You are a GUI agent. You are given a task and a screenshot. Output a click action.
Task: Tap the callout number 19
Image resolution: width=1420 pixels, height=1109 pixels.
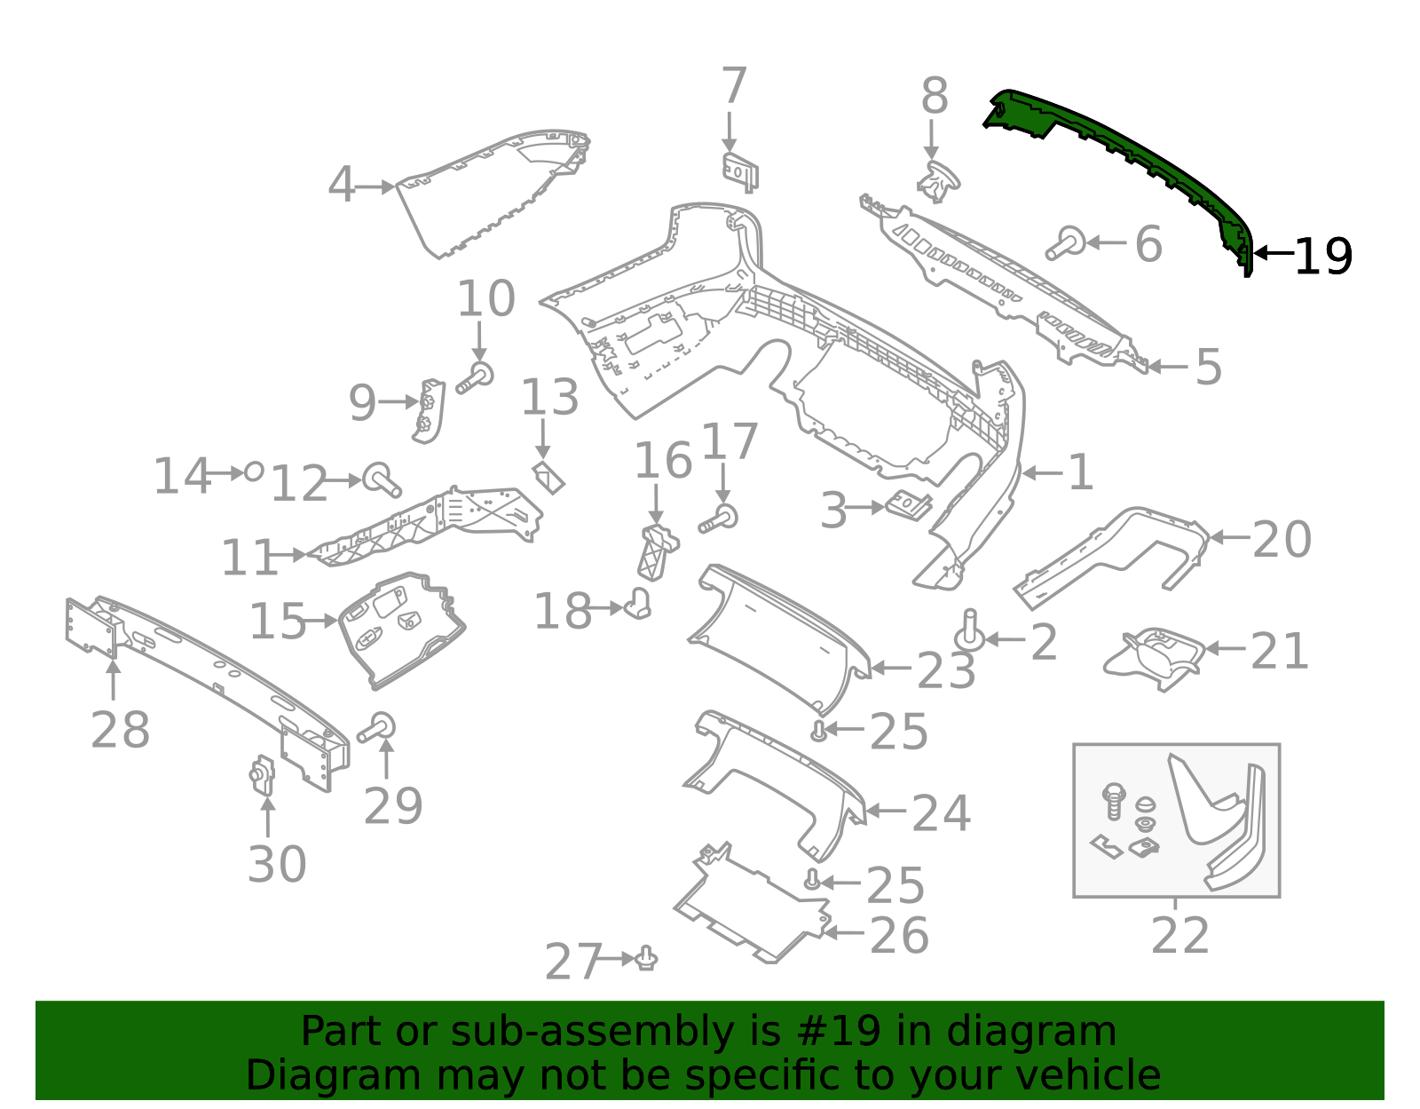(1322, 257)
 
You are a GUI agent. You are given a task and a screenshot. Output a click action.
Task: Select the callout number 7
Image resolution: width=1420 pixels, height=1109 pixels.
(733, 87)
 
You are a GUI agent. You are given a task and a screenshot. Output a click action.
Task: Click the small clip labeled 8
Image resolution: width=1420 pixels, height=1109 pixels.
(937, 181)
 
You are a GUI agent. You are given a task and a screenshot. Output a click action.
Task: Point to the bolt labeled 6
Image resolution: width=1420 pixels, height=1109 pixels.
(1065, 242)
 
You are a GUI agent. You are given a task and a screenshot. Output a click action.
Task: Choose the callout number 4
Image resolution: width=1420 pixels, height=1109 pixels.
(341, 186)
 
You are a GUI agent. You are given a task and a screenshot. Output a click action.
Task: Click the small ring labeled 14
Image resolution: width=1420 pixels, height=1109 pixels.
(254, 471)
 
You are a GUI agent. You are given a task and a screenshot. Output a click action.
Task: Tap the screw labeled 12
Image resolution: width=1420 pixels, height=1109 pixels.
(382, 479)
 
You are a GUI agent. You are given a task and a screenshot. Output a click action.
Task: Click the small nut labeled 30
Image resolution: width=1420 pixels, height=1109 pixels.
(263, 776)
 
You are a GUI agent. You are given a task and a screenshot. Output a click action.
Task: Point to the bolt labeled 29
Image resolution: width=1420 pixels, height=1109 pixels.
(377, 729)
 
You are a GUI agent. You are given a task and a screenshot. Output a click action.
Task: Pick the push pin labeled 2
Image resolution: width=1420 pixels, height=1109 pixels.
(969, 630)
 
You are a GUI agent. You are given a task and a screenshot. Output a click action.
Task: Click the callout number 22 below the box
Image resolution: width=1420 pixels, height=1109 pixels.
(1179, 936)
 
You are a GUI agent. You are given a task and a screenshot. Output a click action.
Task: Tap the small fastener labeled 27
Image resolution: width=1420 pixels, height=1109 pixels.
(647, 958)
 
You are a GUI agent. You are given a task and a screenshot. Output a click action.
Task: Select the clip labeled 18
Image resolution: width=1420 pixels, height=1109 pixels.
(639, 604)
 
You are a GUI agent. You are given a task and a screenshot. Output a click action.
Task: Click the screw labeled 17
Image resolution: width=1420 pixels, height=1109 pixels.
(720, 519)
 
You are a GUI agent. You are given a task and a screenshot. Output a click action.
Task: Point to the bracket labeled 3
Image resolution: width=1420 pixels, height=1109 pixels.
(909, 506)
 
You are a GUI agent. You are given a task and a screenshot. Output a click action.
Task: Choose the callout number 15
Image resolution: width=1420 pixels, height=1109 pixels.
(277, 622)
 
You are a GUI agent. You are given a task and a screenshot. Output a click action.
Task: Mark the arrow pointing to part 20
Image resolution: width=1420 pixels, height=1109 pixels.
(1229, 537)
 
